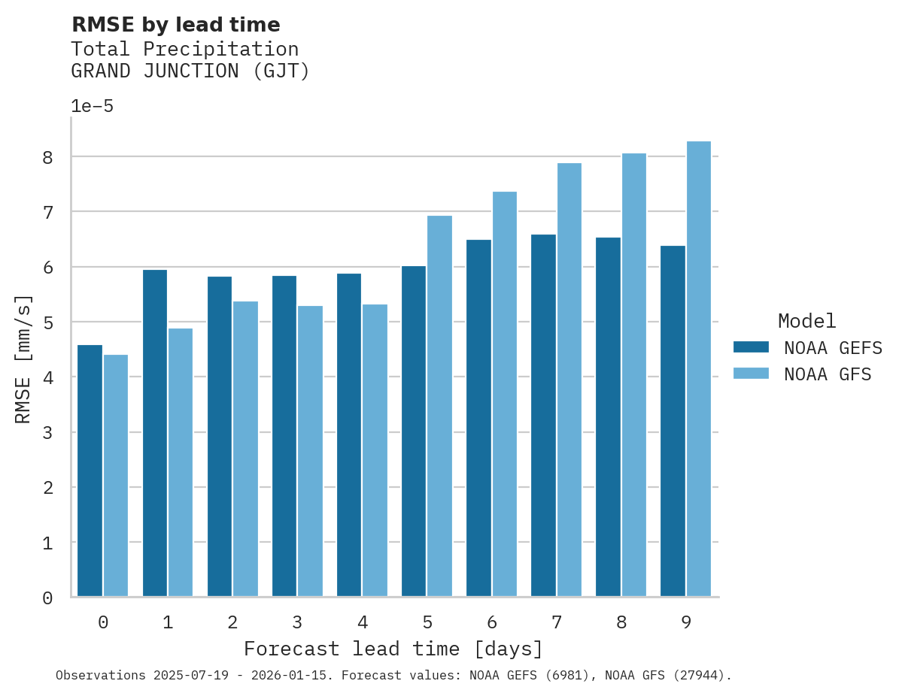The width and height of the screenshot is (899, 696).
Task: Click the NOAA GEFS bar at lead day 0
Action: [90, 471]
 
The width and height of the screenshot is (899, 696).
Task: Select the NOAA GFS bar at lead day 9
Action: [698, 369]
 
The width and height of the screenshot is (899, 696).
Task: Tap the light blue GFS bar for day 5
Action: [439, 406]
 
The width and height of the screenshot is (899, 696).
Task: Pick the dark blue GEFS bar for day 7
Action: [543, 416]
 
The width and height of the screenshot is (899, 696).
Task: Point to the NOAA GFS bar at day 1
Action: [181, 462]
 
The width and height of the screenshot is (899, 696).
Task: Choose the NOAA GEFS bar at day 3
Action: [284, 436]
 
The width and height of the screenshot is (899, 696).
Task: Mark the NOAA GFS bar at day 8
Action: [633, 375]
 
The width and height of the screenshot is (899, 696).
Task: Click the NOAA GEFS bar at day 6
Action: [478, 418]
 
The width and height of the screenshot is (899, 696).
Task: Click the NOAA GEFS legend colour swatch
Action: [751, 347]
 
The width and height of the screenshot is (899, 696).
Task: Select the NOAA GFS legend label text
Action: [828, 374]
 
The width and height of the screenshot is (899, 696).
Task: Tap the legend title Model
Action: [806, 321]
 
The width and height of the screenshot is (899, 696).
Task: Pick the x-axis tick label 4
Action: [362, 622]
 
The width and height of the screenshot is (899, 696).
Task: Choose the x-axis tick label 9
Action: [685, 622]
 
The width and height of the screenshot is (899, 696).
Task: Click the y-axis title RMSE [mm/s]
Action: [24, 359]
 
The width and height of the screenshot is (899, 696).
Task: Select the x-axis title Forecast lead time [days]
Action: [393, 649]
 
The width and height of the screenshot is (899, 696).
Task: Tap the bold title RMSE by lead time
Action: [175, 25]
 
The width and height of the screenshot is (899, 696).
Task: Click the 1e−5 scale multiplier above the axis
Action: [92, 106]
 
